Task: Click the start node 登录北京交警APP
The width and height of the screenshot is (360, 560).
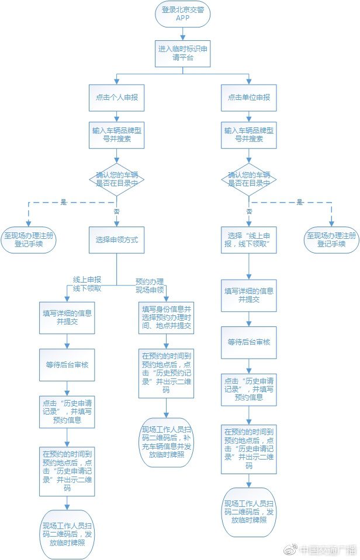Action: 182,14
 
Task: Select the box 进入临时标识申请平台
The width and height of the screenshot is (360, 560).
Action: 182,54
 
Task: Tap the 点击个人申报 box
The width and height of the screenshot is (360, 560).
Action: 116,98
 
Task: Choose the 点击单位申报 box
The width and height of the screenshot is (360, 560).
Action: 249,98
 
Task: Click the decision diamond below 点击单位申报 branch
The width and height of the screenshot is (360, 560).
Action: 249,180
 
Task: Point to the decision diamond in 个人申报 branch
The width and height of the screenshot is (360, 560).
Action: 116,180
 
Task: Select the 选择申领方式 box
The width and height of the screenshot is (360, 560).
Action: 116,240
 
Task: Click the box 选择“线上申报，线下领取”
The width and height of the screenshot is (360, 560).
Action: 249,240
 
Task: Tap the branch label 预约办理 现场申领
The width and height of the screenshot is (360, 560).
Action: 150,286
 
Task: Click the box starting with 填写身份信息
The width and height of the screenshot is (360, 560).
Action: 166,318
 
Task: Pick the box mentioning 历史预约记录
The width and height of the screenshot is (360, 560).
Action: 166,374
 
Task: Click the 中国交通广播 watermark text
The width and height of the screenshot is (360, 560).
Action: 328,550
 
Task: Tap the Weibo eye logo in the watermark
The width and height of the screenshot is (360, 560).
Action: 290,550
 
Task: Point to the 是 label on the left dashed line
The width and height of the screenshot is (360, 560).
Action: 64,202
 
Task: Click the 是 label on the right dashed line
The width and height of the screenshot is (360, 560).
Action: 300,202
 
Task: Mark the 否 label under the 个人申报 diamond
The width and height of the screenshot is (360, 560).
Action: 116,211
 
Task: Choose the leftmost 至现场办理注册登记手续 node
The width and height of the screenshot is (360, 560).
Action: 29,240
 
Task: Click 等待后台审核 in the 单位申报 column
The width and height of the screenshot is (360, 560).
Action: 249,343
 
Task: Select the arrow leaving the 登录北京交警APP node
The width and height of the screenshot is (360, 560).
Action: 183,33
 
